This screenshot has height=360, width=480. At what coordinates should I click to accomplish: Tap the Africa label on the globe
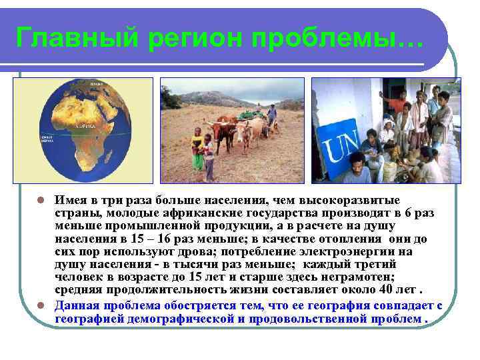click(86, 125)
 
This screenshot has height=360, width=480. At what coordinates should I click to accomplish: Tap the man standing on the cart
click(272, 115)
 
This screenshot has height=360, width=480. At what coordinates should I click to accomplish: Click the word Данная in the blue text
click(75, 305)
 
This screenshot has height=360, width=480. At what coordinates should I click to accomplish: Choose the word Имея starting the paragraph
click(69, 200)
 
